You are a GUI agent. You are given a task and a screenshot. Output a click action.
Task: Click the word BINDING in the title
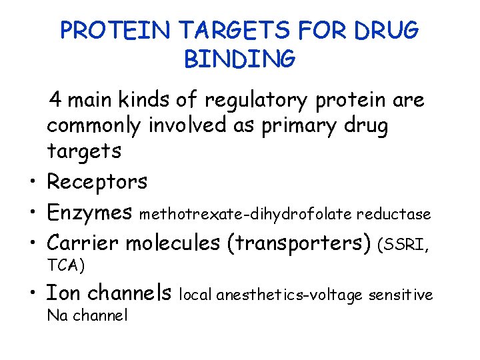(239, 59)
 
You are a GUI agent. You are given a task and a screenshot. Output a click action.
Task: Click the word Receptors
(97, 181)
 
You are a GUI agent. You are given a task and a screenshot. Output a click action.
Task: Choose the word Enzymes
(89, 213)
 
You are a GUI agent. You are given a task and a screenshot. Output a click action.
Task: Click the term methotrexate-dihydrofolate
(246, 214)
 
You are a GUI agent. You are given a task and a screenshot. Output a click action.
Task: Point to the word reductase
(394, 214)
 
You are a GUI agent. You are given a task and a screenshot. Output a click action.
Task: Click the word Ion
(63, 292)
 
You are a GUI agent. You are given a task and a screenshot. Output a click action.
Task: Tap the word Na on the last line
(56, 315)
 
